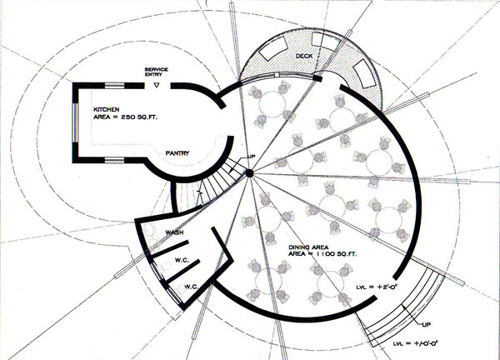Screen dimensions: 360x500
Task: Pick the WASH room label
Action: coord(175,232)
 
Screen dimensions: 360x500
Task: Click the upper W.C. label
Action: coord(183,261)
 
